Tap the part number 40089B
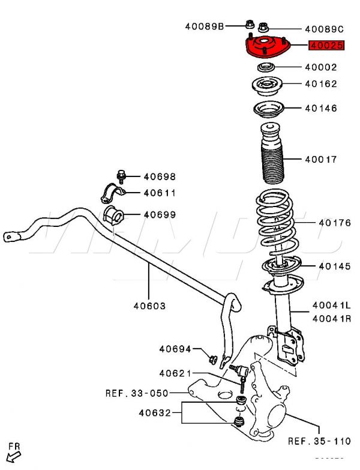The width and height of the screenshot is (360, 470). point(204,26)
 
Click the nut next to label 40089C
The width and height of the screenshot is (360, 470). point(264,26)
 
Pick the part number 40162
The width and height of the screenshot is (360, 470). point(320,84)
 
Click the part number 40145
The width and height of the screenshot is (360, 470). point(334,266)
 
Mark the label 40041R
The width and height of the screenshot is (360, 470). point(331,318)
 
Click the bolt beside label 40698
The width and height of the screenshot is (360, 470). point(122,176)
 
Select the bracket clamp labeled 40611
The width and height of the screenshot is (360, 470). point(112,193)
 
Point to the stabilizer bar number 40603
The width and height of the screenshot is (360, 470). point(149,306)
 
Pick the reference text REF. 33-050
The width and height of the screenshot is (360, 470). point(136,393)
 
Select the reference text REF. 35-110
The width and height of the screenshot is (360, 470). point(319,441)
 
